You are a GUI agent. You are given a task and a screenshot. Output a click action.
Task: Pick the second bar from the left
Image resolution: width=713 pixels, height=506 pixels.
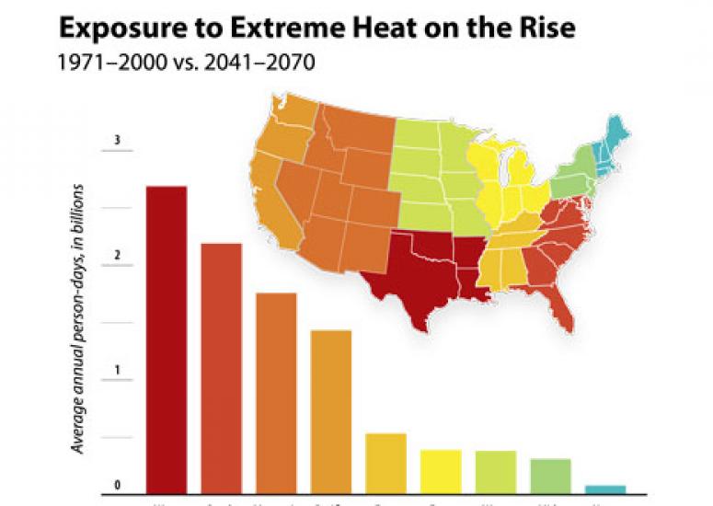tap(221, 367)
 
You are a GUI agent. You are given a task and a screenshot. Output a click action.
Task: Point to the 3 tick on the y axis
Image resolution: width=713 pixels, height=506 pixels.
tap(117, 140)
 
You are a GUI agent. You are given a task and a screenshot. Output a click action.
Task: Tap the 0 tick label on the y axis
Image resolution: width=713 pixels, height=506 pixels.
tap(117, 485)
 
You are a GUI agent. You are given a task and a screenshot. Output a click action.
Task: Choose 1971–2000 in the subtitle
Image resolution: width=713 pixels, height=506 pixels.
tap(102, 67)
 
